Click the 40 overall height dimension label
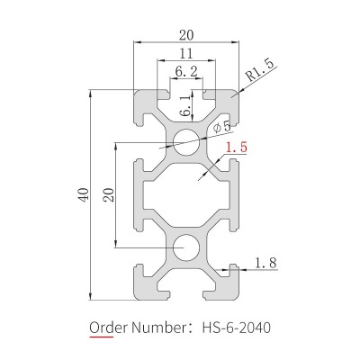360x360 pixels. point(85,194)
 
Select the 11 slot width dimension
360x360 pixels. point(186,54)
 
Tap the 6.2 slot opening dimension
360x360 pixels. point(186,72)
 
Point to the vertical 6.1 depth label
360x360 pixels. point(185,106)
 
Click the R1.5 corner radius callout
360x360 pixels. point(260,71)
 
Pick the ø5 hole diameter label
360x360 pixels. point(222,127)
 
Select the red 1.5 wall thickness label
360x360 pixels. point(237,148)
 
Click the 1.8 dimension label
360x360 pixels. point(265,263)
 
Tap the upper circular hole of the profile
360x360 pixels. point(186,142)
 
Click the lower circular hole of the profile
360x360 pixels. point(186,247)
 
